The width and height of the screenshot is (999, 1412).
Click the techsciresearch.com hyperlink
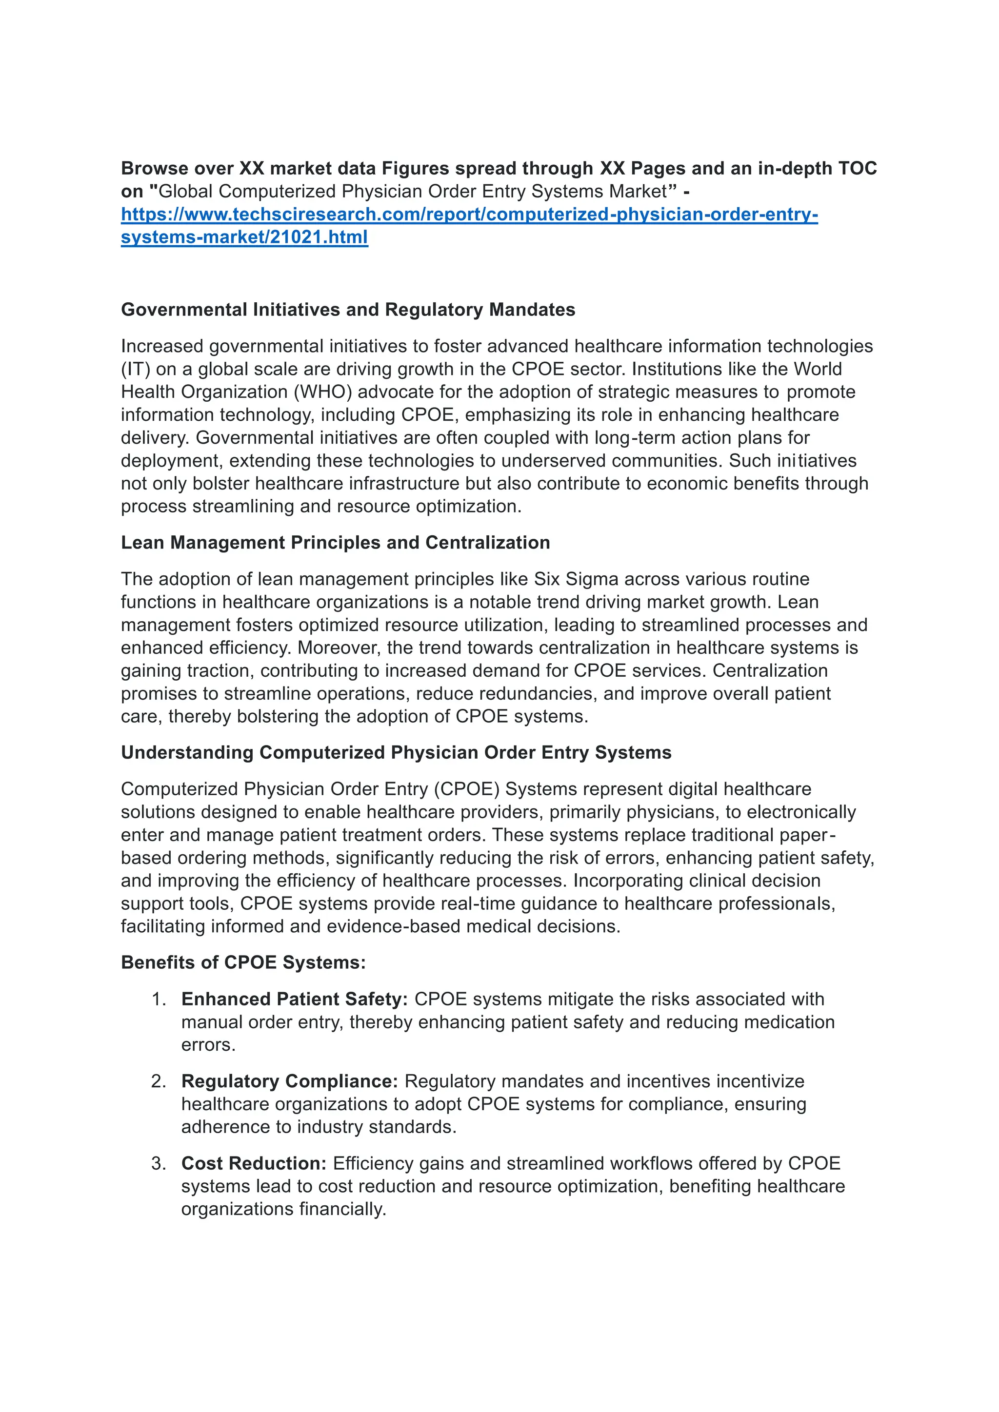point(469,215)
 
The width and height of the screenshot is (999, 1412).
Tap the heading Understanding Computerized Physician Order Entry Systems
point(396,752)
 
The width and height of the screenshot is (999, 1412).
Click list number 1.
point(159,1000)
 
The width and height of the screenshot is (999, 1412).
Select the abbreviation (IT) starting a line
point(135,369)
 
